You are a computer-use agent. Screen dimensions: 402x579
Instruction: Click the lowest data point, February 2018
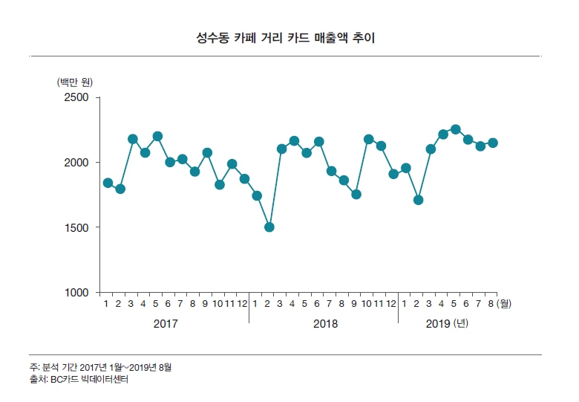(269, 227)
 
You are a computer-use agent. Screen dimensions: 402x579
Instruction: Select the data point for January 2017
(108, 183)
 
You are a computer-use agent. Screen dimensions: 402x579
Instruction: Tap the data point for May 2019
(456, 129)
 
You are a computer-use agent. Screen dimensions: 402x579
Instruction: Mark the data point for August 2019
(493, 143)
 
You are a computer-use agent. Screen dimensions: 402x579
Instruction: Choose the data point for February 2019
(419, 200)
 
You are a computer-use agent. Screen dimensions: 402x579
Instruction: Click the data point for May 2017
(157, 136)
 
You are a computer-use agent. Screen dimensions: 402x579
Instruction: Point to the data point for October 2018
(368, 139)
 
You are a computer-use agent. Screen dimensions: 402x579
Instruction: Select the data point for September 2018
(356, 194)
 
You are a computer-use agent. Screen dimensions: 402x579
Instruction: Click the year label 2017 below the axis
(166, 324)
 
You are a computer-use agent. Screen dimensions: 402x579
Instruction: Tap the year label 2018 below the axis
(325, 324)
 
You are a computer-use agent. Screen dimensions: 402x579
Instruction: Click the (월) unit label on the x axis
(506, 303)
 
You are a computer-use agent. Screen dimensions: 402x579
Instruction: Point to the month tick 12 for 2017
(242, 303)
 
